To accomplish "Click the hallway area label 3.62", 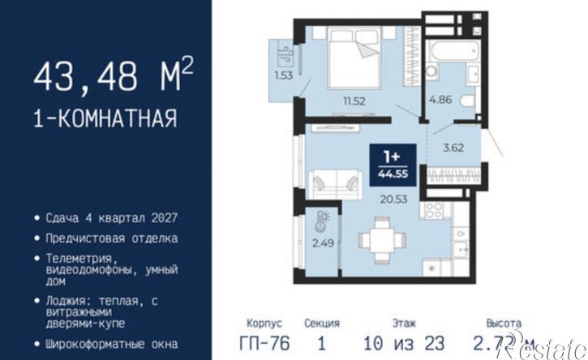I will coord(453,148).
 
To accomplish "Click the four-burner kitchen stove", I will coord(435,211).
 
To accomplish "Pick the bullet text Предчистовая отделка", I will coord(111,238).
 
